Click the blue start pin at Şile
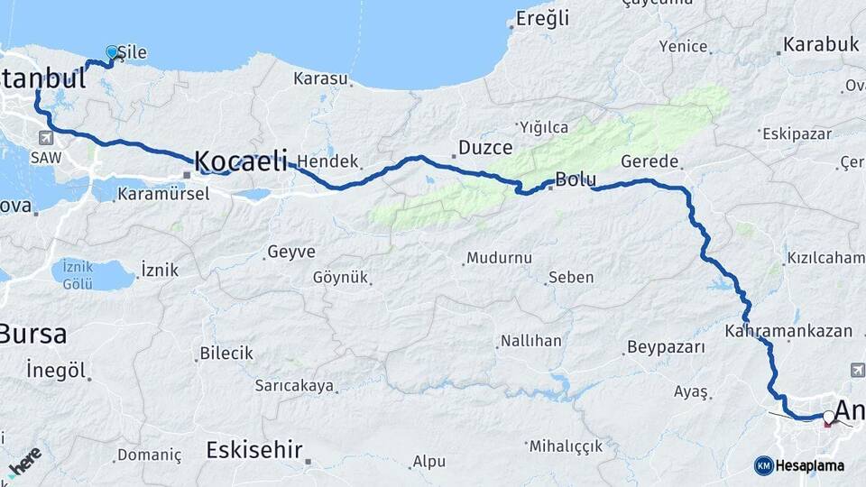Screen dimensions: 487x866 [x=112, y=53]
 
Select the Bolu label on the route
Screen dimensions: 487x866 [x=576, y=179]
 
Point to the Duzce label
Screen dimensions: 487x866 [x=485, y=147]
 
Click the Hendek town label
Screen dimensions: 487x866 [x=327, y=161]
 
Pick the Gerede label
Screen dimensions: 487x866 [x=649, y=161]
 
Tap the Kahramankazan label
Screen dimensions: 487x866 [x=788, y=331]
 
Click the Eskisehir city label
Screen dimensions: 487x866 [x=253, y=449]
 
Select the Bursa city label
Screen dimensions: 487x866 [x=33, y=334]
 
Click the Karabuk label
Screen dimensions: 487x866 [x=821, y=44]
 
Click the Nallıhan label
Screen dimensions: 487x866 [x=532, y=341]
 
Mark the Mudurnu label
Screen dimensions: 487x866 [x=499, y=258]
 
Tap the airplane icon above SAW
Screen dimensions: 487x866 [x=45, y=138]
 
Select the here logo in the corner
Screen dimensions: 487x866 [x=23, y=461]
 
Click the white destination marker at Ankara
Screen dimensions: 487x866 [x=828, y=417]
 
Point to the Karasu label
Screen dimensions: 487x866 [x=320, y=78]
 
